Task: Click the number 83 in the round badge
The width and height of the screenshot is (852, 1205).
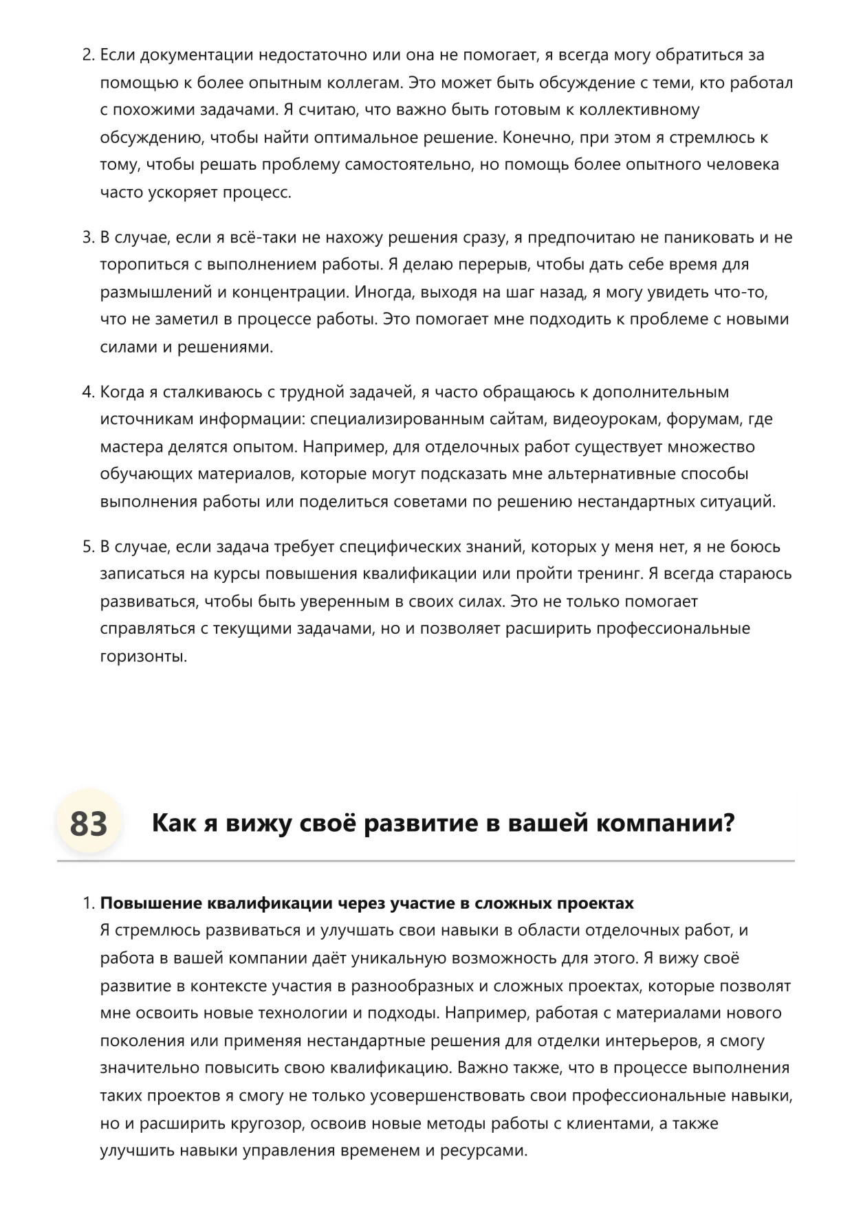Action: (89, 823)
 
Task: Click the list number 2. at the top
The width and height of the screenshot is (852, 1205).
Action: (88, 55)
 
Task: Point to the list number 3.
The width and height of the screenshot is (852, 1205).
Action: (88, 238)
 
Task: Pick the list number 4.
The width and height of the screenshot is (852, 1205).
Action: (88, 393)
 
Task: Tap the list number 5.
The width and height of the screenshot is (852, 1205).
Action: (88, 547)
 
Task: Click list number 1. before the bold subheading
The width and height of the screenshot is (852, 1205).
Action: (88, 903)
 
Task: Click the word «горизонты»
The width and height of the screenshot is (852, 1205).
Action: (143, 656)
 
